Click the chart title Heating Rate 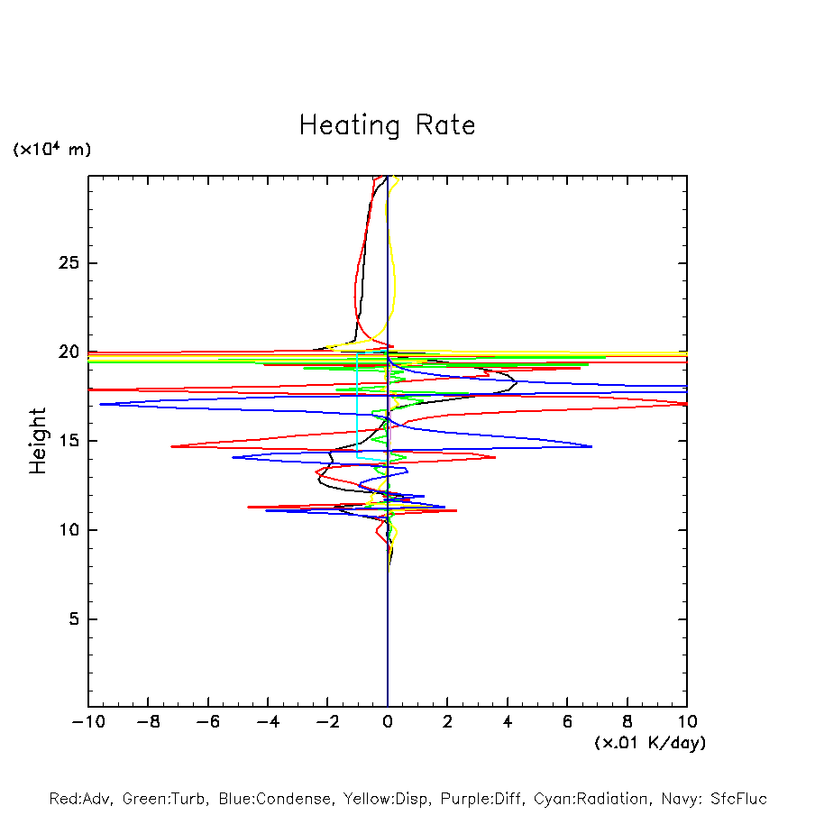tap(387, 125)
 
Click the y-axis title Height tap(38, 441)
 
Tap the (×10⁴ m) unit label tap(51, 150)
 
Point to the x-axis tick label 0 tap(388, 722)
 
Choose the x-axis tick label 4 tap(508, 722)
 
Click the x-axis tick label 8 tap(627, 722)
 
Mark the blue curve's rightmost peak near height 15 tap(591, 446)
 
